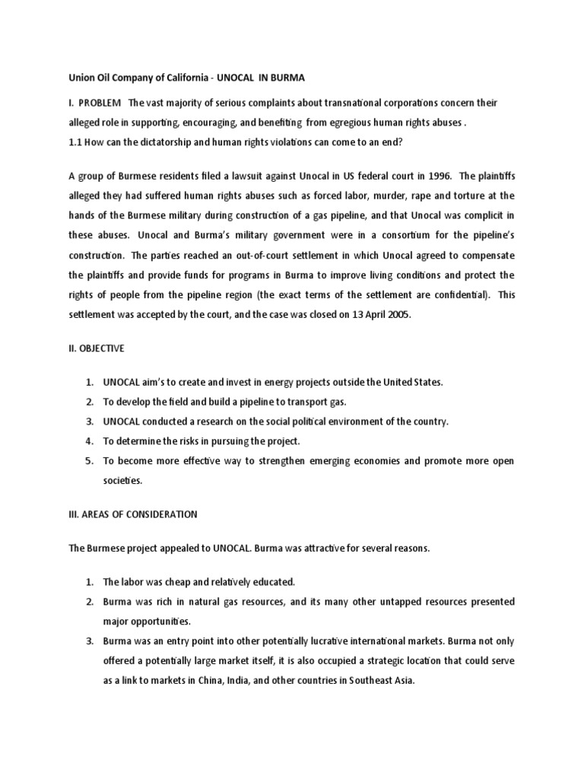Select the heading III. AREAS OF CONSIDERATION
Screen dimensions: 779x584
coord(133,514)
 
